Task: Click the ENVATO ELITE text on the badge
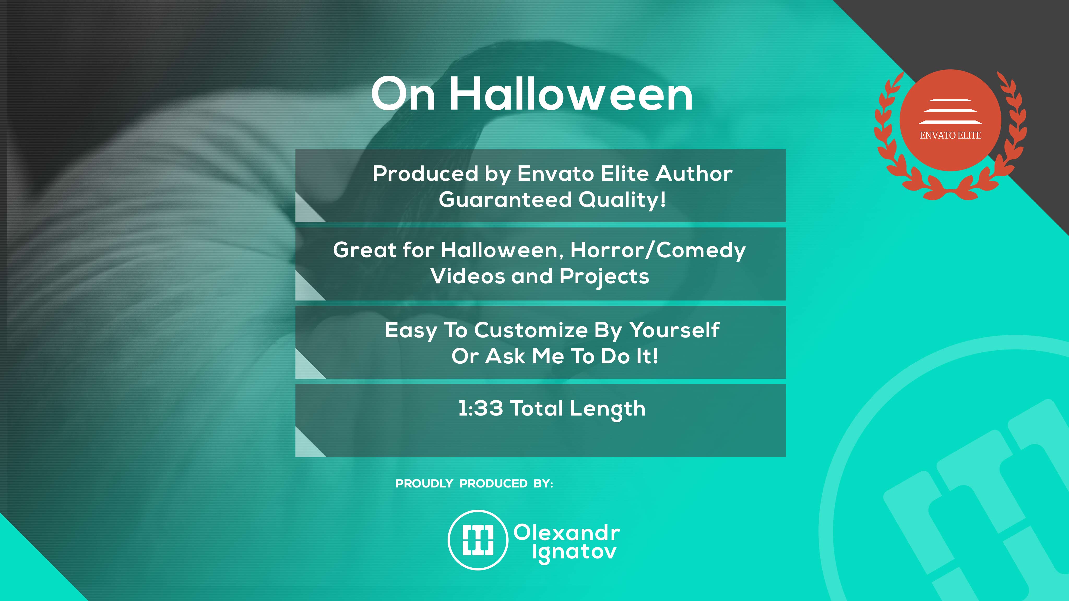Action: coord(950,135)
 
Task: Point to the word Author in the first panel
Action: coord(694,173)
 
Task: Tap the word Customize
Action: coord(531,330)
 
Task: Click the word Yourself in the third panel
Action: coord(674,330)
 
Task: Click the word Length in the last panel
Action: coord(608,409)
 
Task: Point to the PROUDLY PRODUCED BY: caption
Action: coord(474,484)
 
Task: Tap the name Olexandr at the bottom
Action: coord(567,533)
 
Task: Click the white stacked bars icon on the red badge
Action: coord(950,112)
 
